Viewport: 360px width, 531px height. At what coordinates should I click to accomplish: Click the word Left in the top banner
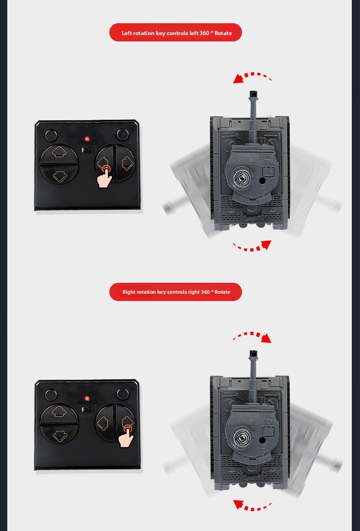[x=127, y=33]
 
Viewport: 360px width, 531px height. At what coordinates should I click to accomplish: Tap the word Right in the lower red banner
[x=129, y=292]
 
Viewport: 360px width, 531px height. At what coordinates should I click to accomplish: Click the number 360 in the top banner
[x=205, y=33]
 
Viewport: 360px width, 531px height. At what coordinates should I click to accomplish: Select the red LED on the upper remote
[x=87, y=139]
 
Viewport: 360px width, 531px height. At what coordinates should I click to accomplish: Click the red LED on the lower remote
[x=87, y=398]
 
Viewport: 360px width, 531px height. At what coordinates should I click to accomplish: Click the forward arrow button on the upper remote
[x=59, y=154]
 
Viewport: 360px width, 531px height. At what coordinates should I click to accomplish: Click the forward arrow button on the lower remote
[x=59, y=414]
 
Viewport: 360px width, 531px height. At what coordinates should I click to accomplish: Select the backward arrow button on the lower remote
[x=59, y=434]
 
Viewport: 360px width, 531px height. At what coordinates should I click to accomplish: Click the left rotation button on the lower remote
[x=104, y=423]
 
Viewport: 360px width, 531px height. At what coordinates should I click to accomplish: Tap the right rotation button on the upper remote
[x=126, y=163]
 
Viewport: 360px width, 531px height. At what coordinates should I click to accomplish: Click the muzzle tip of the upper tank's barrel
[x=253, y=94]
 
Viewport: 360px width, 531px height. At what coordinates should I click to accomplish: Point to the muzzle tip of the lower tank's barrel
[x=253, y=353]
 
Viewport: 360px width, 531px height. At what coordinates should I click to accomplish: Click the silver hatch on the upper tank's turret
[x=241, y=177]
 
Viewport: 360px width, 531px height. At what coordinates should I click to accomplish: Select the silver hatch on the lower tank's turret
[x=241, y=437]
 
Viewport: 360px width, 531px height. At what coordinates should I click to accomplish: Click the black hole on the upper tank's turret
[x=262, y=180]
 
